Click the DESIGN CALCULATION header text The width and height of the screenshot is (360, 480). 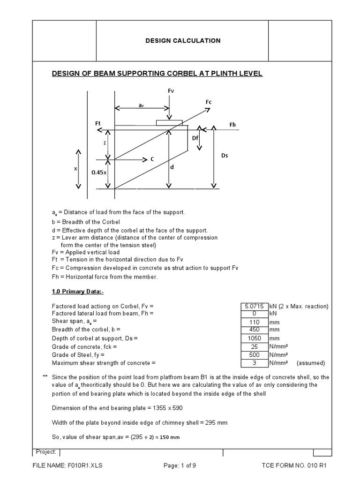(x=183, y=41)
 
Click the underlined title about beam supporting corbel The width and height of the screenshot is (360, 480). (x=157, y=74)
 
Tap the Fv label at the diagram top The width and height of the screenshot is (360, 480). (x=171, y=90)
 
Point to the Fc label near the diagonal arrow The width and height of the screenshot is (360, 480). (x=209, y=102)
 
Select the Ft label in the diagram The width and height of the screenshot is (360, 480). (x=98, y=123)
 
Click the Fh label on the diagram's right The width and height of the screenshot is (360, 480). (x=233, y=124)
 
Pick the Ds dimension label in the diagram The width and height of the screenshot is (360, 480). (x=225, y=155)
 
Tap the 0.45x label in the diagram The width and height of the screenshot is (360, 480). (x=99, y=172)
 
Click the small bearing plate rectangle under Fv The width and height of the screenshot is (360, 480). (x=169, y=122)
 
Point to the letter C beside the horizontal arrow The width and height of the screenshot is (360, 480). (x=152, y=159)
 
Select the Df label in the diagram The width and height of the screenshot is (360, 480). (x=195, y=138)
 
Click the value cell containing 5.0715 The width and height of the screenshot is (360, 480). (x=254, y=306)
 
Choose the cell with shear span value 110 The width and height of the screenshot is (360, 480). (x=254, y=322)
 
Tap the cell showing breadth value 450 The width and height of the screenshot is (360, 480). (x=254, y=329)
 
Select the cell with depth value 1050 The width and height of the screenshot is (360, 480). (x=254, y=338)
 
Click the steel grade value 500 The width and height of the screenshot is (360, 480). (x=254, y=355)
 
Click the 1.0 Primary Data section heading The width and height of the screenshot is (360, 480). (x=77, y=291)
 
